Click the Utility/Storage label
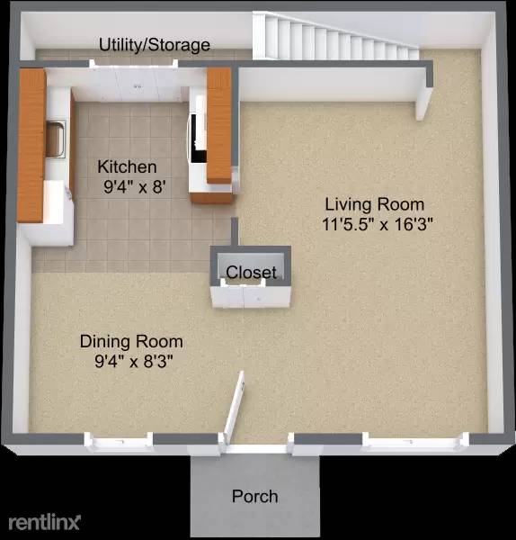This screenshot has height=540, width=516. [x=155, y=45]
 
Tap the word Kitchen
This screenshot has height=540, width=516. [x=127, y=167]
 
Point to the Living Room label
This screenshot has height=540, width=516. [x=374, y=204]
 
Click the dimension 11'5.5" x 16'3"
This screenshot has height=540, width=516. [x=378, y=225]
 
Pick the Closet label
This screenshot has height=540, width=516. [x=251, y=273]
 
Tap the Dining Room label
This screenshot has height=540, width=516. [x=131, y=342]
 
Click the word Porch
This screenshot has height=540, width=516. [x=254, y=496]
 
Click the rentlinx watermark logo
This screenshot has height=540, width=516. [x=45, y=522]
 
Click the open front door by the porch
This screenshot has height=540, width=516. [x=235, y=409]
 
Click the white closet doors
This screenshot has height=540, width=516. [x=250, y=294]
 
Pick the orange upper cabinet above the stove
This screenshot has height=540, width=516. [x=221, y=126]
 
